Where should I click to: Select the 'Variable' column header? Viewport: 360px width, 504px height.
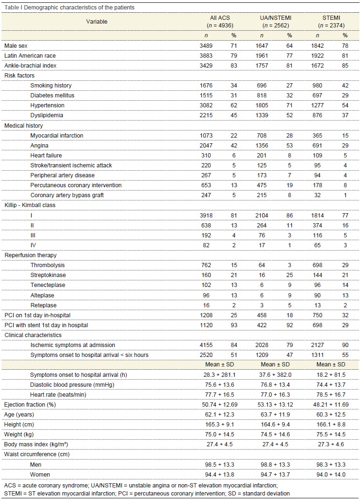point(97,21)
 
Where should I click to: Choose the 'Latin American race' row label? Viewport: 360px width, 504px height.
point(30,55)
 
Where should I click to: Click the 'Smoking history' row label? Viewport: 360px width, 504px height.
point(51,86)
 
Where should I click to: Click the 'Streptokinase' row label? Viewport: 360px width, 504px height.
point(48,275)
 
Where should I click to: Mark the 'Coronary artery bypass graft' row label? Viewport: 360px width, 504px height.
point(67,195)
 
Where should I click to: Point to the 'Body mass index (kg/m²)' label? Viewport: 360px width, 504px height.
point(36,444)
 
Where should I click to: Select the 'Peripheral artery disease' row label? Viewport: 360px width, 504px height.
point(62,175)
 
